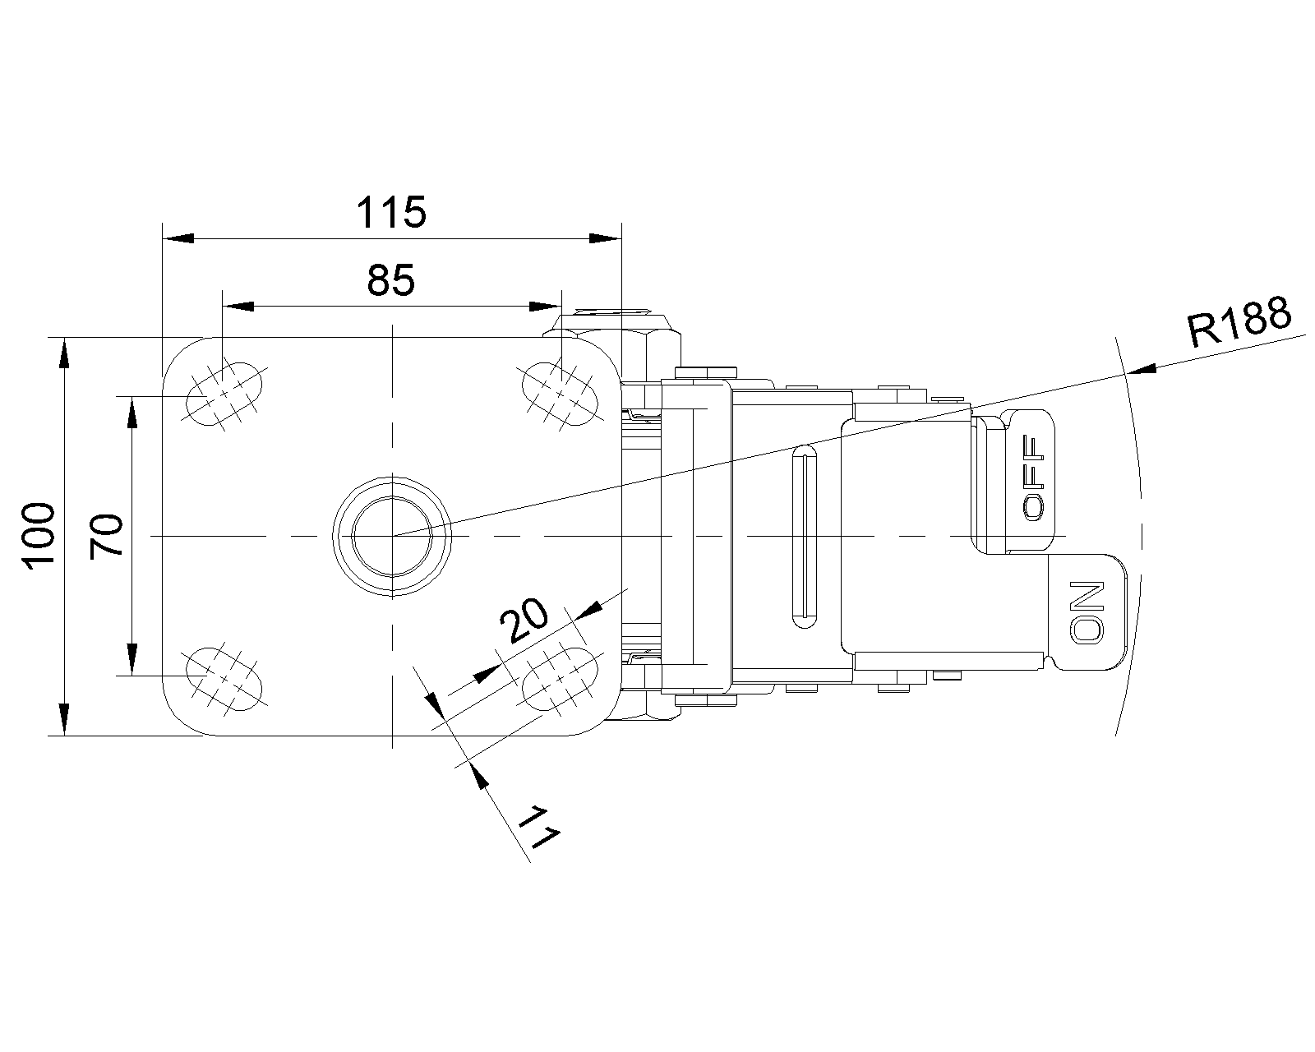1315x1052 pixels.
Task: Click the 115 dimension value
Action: (x=391, y=212)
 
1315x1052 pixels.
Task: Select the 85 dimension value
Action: (x=391, y=280)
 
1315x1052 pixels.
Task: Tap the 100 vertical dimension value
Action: (x=39, y=537)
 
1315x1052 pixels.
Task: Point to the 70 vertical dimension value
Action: (x=106, y=537)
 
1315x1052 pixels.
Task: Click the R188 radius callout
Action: (x=1239, y=321)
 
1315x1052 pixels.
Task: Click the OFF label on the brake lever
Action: (x=1035, y=478)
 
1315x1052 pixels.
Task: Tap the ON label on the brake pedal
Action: (x=1088, y=611)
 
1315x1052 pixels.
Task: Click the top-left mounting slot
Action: (x=224, y=393)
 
